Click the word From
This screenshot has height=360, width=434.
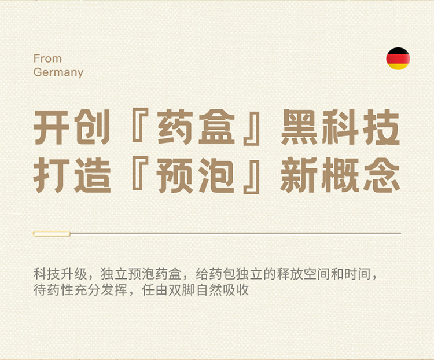[47, 58]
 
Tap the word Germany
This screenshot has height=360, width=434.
[58, 72]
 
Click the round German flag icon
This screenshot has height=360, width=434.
[398, 58]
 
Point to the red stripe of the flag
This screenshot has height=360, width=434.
[398, 58]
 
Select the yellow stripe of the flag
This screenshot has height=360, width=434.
[398, 67]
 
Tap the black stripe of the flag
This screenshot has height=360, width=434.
[398, 51]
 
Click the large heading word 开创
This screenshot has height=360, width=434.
[72, 127]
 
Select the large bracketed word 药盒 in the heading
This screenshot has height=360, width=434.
[196, 127]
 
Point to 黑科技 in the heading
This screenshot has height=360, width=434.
[340, 127]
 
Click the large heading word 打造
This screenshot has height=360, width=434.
[72, 175]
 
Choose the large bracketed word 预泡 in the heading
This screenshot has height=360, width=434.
[196, 175]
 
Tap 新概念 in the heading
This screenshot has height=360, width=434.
[340, 175]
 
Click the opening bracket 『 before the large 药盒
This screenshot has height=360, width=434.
[141, 124]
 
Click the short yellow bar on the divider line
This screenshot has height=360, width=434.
[52, 234]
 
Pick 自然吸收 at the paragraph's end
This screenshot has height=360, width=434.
[222, 290]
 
